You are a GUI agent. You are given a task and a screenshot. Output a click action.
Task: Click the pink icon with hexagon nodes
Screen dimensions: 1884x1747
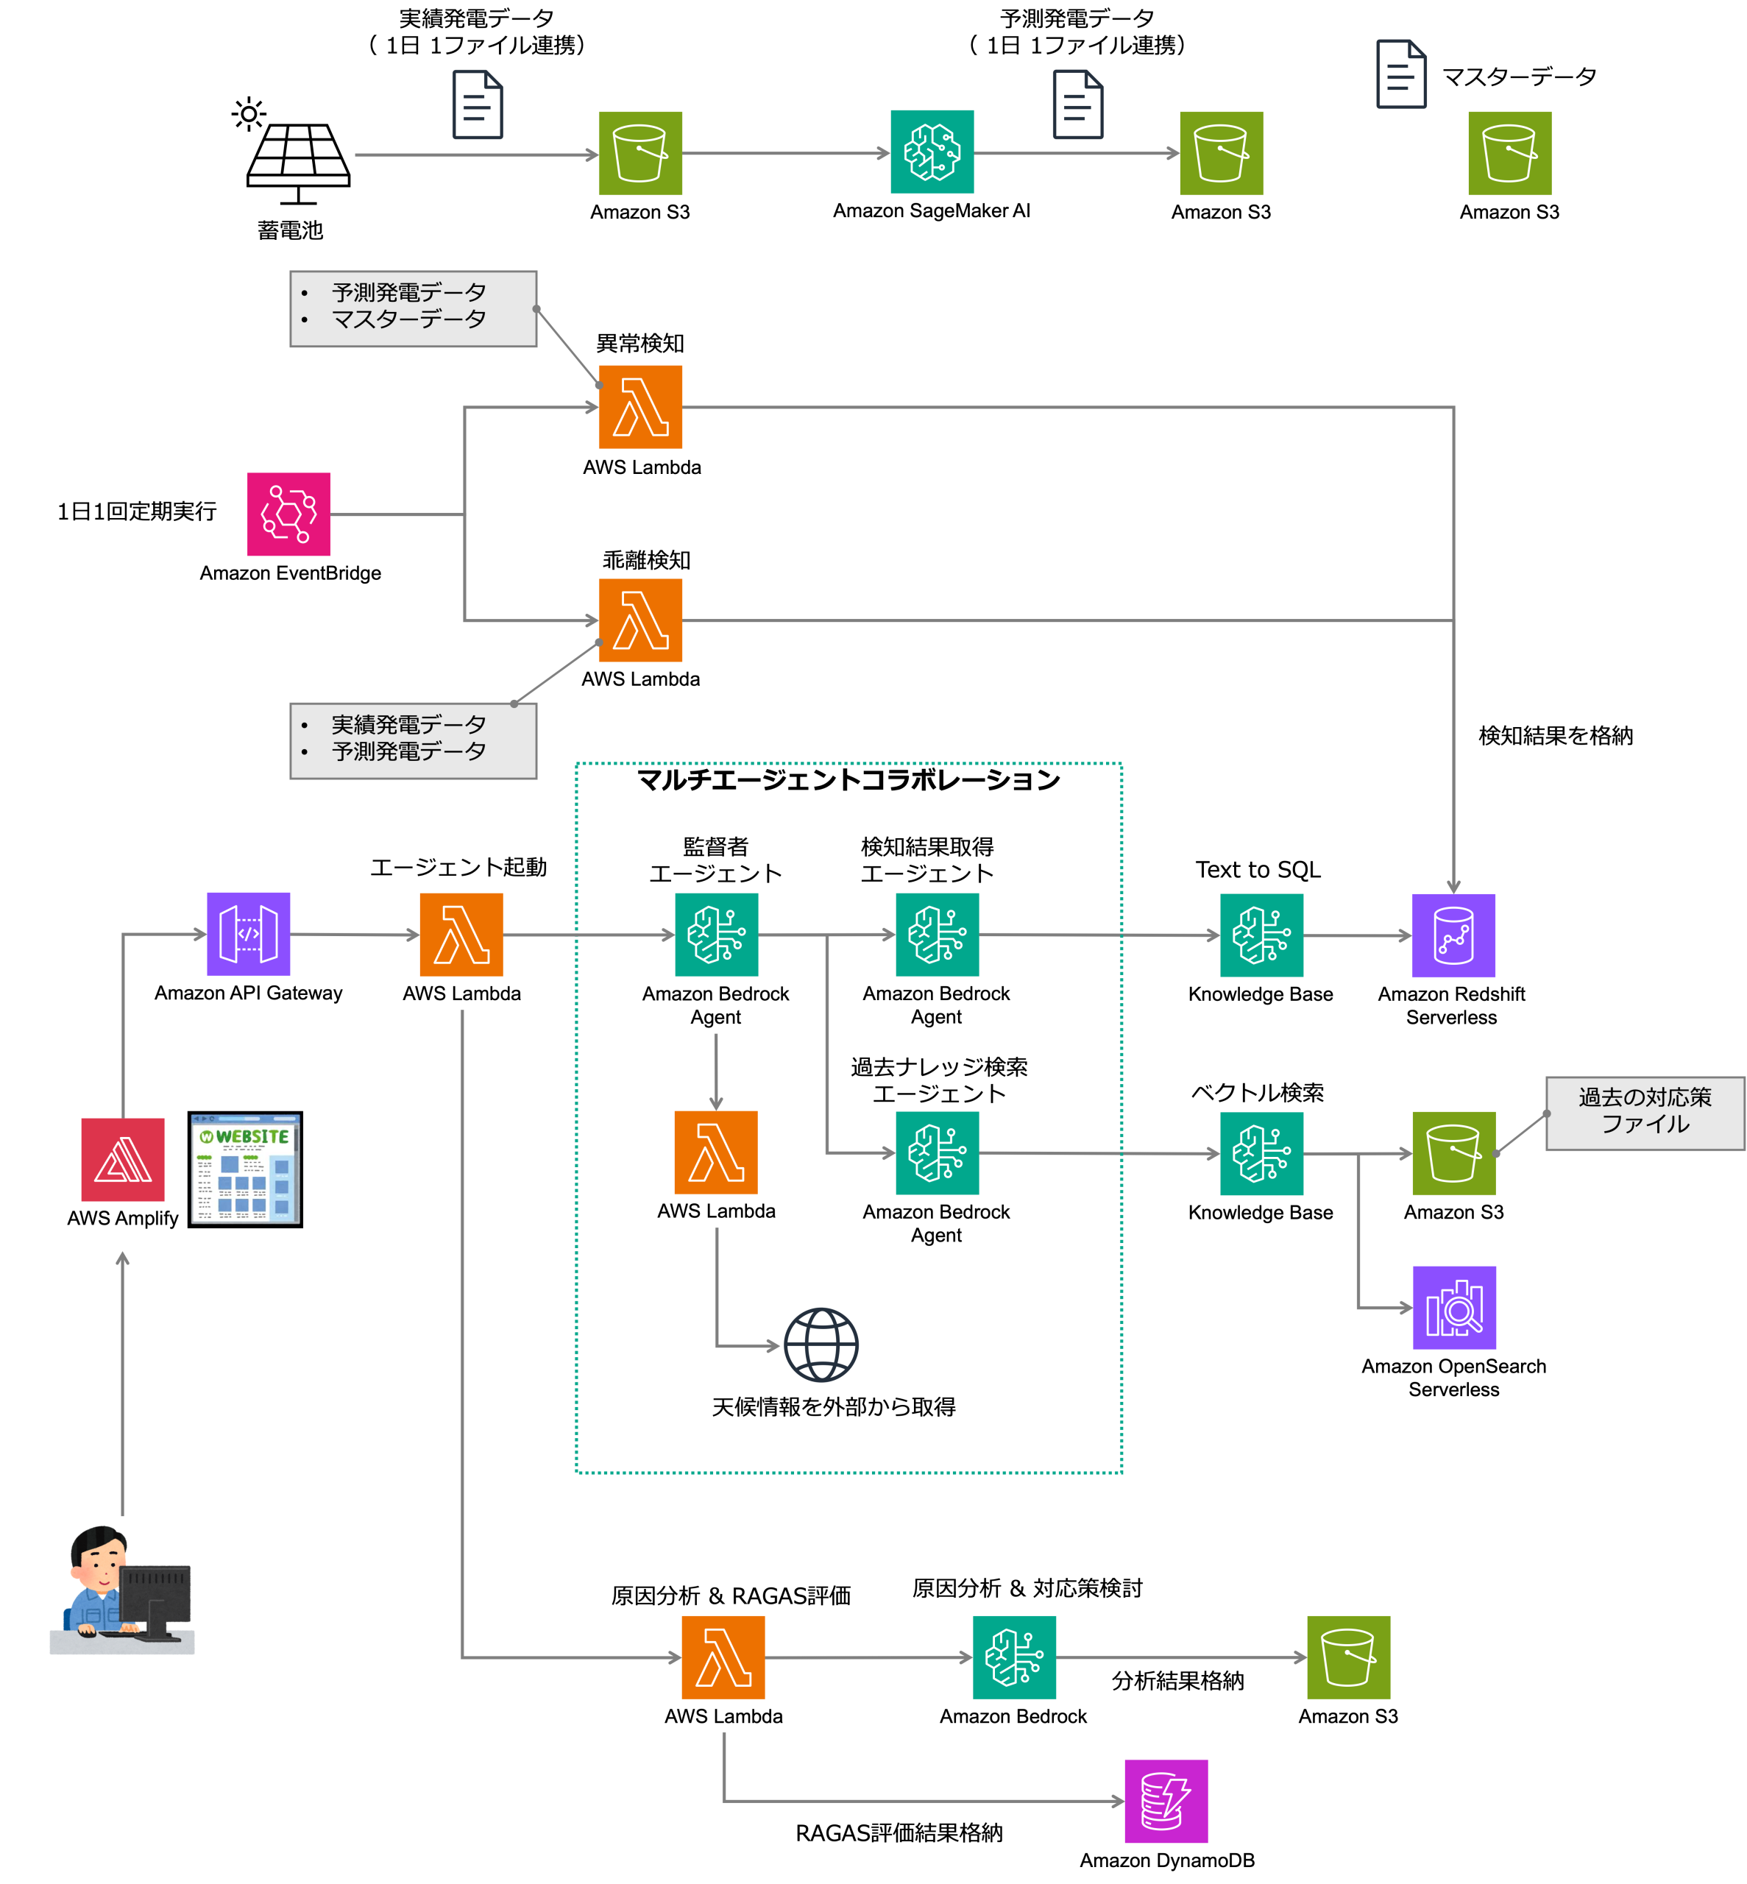coord(288,514)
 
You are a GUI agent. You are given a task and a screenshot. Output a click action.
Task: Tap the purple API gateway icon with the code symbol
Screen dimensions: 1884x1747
coord(249,934)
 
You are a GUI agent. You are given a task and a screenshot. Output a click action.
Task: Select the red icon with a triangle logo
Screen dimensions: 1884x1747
coord(123,1160)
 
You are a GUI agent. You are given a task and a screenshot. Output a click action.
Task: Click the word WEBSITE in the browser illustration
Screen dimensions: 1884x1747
coord(252,1136)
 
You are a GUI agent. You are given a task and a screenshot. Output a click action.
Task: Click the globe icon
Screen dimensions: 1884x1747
coord(821,1345)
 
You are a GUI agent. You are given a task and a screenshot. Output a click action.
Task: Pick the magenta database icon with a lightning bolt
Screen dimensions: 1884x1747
coord(1166,1801)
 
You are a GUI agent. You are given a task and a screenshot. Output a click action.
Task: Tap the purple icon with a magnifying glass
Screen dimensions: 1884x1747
coord(1454,1307)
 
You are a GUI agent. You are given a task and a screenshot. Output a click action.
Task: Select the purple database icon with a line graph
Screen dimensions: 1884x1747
coord(1453,935)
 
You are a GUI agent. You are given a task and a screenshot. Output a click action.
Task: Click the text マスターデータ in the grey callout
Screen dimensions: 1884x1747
coord(408,319)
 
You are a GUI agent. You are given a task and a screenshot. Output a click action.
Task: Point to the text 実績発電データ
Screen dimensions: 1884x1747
coord(408,725)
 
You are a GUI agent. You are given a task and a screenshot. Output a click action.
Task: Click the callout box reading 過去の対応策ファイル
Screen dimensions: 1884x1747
coord(1644,1113)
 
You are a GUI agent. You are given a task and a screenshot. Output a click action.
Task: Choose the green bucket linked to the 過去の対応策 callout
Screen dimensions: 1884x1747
coord(1453,1153)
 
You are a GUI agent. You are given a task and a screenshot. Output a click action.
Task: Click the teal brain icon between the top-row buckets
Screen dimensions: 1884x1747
coord(932,152)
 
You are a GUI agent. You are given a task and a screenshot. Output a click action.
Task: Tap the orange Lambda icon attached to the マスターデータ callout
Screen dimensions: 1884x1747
coord(640,406)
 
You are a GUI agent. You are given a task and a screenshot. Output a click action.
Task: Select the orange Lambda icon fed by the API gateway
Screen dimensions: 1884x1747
coord(461,934)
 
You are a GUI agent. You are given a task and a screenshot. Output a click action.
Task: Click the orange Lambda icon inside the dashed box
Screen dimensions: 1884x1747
coord(715,1152)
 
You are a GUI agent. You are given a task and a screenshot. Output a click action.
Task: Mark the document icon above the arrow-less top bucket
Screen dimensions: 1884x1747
coord(1401,74)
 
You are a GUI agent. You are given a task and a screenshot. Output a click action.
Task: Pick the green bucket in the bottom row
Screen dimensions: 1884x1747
coord(1348,1657)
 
